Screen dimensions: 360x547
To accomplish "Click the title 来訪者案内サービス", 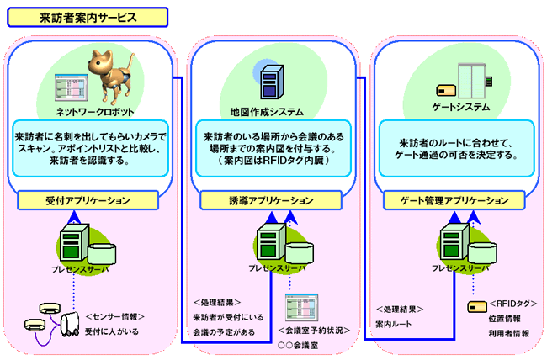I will [x=88, y=18].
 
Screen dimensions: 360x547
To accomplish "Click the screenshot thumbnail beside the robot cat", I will [x=64, y=85].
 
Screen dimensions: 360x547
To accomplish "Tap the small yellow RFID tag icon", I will [x=474, y=305].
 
